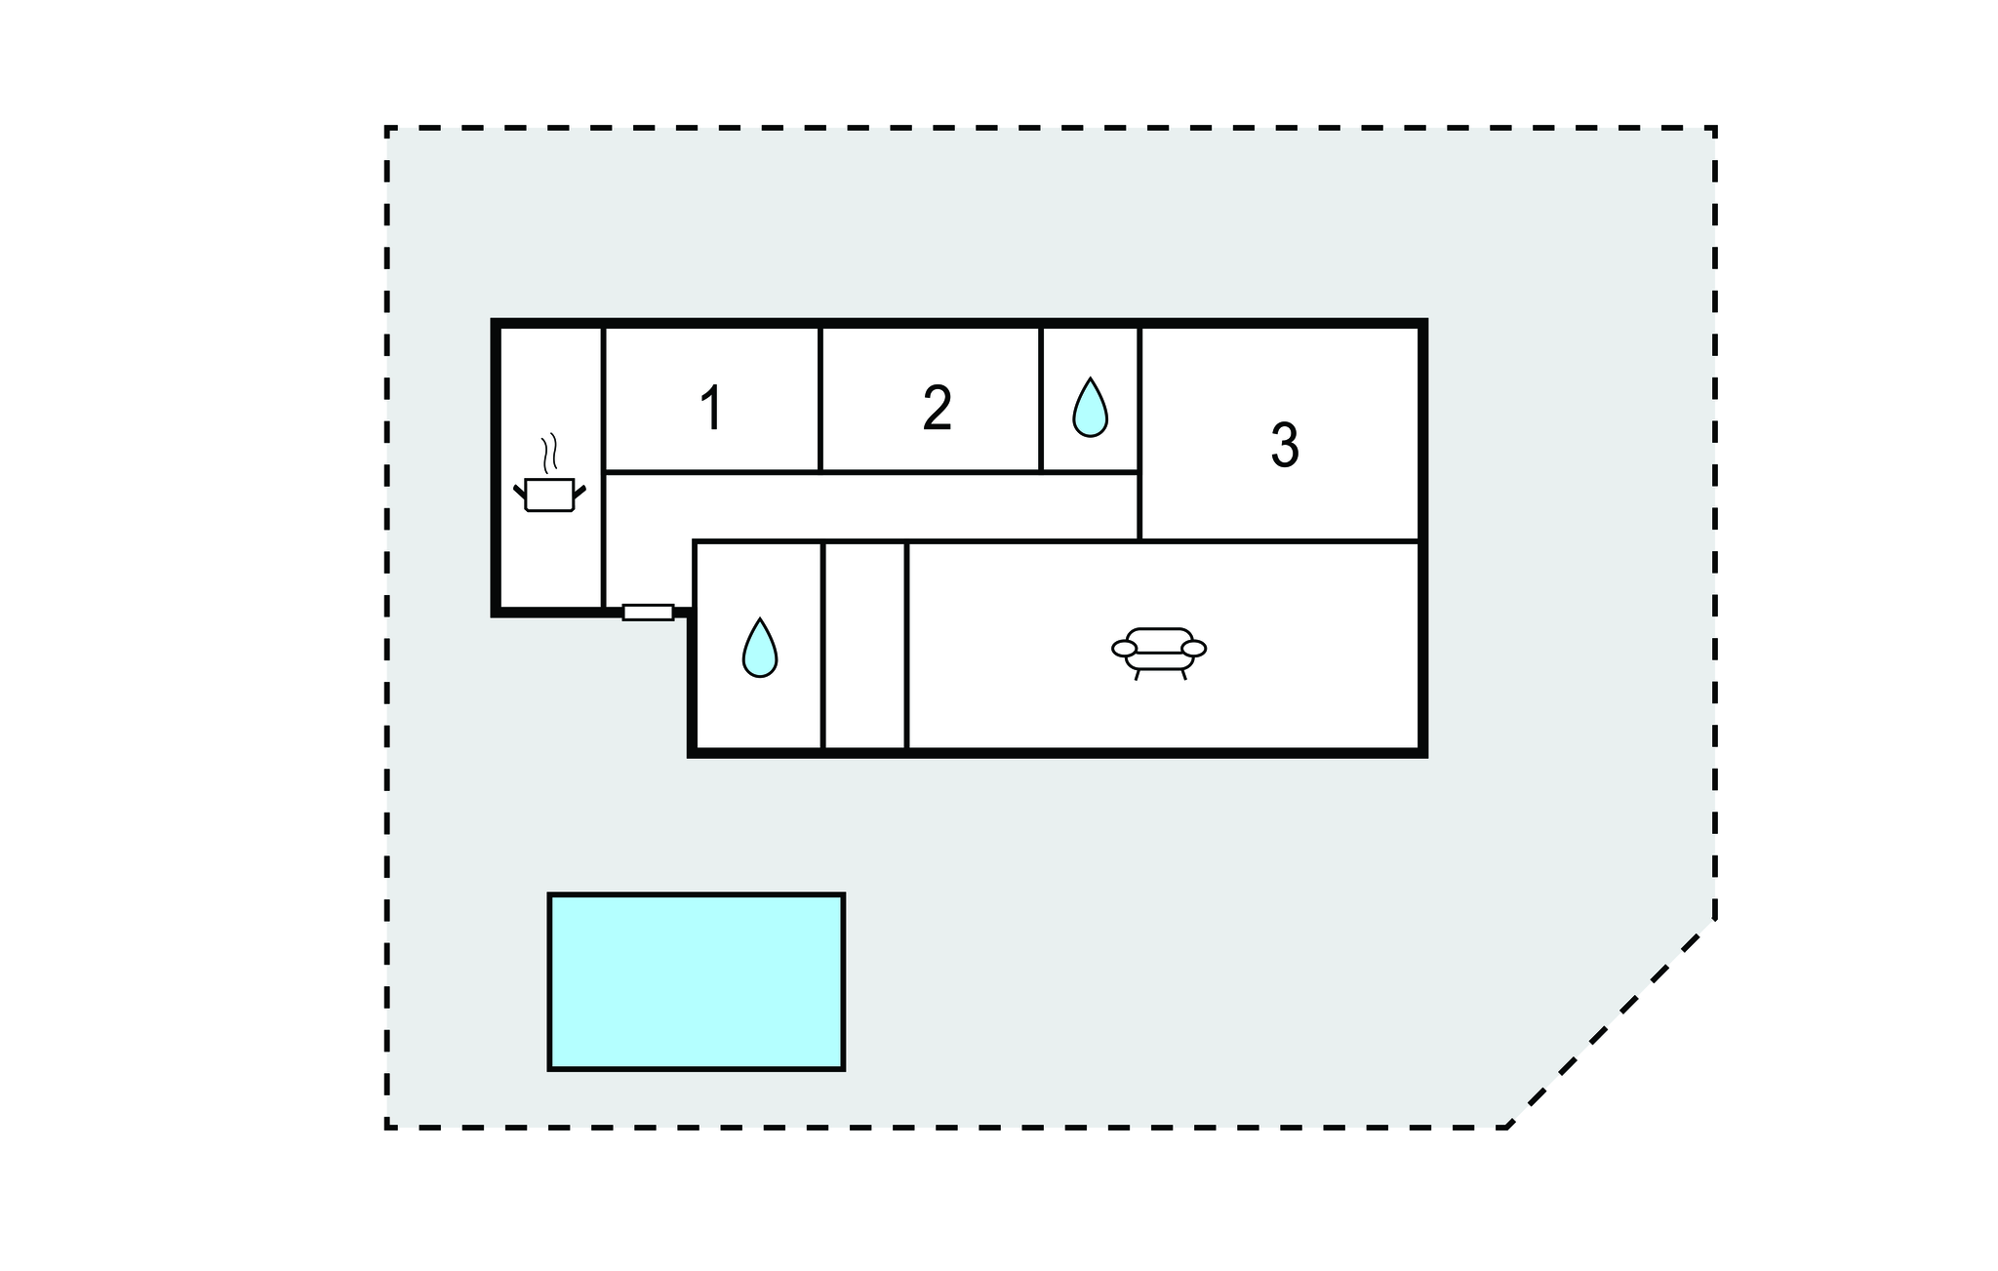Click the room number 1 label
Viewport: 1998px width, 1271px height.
[x=712, y=408]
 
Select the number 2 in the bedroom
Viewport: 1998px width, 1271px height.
[x=937, y=408]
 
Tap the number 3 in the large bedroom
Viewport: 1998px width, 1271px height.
[x=1285, y=445]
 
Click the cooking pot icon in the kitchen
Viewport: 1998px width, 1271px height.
[x=549, y=495]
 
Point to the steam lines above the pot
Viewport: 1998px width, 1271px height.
[x=549, y=453]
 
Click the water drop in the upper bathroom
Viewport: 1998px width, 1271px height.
[x=1090, y=407]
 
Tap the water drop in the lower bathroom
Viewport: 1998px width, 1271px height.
[x=760, y=648]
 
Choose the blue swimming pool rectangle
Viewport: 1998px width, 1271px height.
[x=697, y=981]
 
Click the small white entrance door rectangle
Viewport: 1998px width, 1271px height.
[x=648, y=613]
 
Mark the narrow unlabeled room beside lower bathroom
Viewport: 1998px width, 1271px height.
[x=865, y=646]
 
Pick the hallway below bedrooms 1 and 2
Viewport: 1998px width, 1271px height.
[x=871, y=506]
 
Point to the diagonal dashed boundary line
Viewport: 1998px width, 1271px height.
[x=1612, y=1022]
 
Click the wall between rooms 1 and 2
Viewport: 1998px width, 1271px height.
[x=820, y=399]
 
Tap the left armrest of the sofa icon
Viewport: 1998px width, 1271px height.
[x=1125, y=649]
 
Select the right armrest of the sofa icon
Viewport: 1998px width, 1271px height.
[x=1194, y=649]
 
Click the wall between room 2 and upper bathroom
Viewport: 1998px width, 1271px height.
[x=1041, y=399]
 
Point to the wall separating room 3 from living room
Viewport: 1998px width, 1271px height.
[x=1279, y=540]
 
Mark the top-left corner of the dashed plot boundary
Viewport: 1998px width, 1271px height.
[x=387, y=128]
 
